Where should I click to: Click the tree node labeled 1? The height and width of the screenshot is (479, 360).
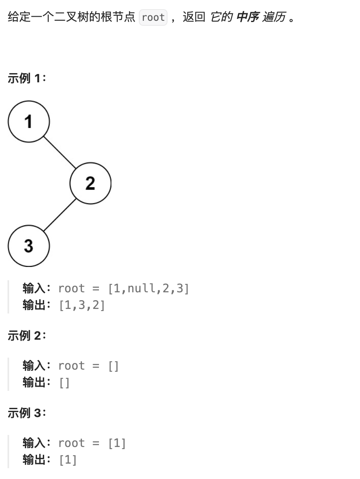29,121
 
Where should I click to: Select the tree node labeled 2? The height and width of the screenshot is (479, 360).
90,183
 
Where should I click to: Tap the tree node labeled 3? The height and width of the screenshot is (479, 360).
29,245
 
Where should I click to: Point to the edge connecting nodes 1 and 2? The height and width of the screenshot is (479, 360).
59,152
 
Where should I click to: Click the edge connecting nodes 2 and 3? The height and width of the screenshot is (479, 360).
59,215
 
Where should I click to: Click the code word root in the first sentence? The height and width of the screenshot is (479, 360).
153,18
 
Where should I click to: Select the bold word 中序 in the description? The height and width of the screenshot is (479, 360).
247,18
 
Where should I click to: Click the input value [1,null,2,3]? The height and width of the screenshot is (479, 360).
148,288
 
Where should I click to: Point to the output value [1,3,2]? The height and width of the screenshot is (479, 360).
82,306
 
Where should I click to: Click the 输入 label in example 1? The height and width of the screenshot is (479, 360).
34,288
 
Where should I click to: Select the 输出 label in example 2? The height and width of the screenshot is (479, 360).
34,383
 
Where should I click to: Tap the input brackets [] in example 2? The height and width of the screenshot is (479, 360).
113,366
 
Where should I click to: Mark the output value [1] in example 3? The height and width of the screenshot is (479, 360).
68,460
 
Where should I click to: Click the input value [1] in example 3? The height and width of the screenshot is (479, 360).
117,443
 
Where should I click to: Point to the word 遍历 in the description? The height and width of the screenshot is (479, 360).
274,18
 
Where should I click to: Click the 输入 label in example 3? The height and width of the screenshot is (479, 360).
34,443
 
